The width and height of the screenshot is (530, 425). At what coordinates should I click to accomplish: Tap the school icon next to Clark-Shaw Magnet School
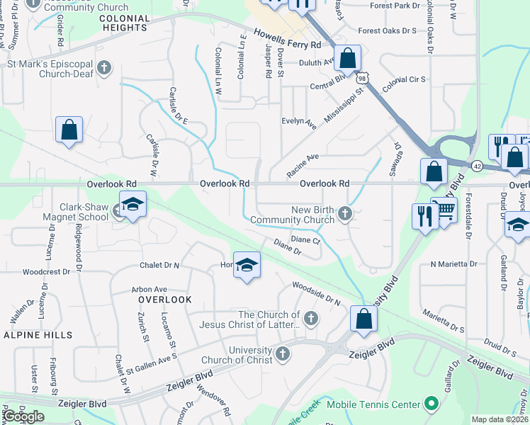132,205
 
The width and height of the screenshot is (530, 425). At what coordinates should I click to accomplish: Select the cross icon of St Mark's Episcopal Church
104,69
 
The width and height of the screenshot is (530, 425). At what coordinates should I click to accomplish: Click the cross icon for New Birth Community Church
345,213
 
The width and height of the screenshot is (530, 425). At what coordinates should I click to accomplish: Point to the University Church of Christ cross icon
283,353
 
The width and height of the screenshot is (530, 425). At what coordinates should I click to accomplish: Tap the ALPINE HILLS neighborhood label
31,334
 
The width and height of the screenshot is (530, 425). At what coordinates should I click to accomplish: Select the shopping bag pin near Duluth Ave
348,58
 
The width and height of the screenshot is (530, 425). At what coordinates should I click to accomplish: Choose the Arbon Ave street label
149,289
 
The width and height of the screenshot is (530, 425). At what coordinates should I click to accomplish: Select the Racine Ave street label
303,166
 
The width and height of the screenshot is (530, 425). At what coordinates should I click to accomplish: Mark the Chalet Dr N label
159,265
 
